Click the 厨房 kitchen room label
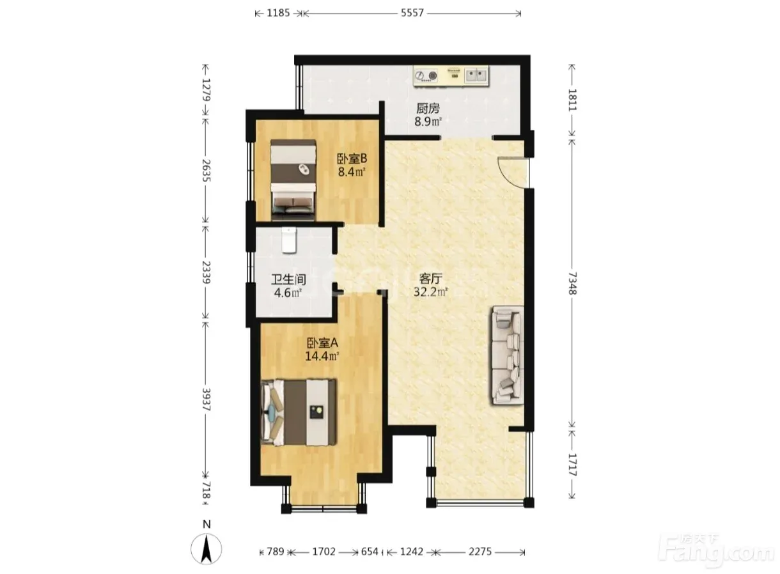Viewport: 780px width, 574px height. (x=428, y=109)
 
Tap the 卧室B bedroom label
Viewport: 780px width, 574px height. (x=352, y=159)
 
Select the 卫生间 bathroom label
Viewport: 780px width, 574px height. (x=289, y=279)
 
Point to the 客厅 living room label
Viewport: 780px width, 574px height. (x=431, y=279)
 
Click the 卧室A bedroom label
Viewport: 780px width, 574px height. (x=322, y=343)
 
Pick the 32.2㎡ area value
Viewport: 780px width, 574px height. (x=431, y=291)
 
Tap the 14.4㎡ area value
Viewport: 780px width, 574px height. (x=322, y=356)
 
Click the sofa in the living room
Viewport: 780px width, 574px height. (x=508, y=355)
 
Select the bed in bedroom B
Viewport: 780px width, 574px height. (x=293, y=180)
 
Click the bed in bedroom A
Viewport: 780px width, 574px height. (x=299, y=412)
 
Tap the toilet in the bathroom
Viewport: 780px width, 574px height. (x=289, y=240)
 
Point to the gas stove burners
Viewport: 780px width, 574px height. (x=426, y=75)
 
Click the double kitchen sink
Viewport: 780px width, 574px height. (x=476, y=75)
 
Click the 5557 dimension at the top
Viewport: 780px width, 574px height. (x=412, y=13)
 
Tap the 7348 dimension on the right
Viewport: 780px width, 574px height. (x=572, y=283)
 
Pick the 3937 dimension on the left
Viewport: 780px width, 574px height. (x=206, y=399)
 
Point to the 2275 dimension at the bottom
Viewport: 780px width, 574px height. (x=480, y=552)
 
